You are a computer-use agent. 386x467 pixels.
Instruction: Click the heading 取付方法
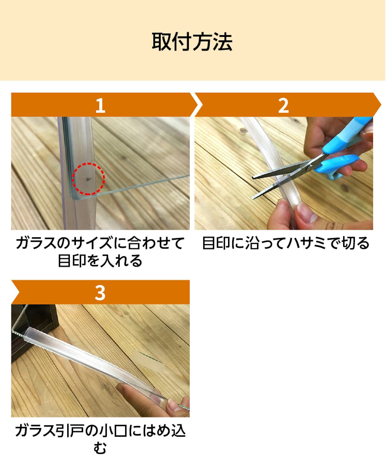(192, 42)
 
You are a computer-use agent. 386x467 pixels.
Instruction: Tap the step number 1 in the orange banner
(100, 106)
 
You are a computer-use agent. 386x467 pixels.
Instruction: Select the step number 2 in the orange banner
(283, 106)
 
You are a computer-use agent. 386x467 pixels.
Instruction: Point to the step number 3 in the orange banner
(100, 293)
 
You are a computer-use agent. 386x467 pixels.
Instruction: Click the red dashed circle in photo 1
(88, 164)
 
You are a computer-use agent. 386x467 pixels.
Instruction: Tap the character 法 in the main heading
(223, 42)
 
